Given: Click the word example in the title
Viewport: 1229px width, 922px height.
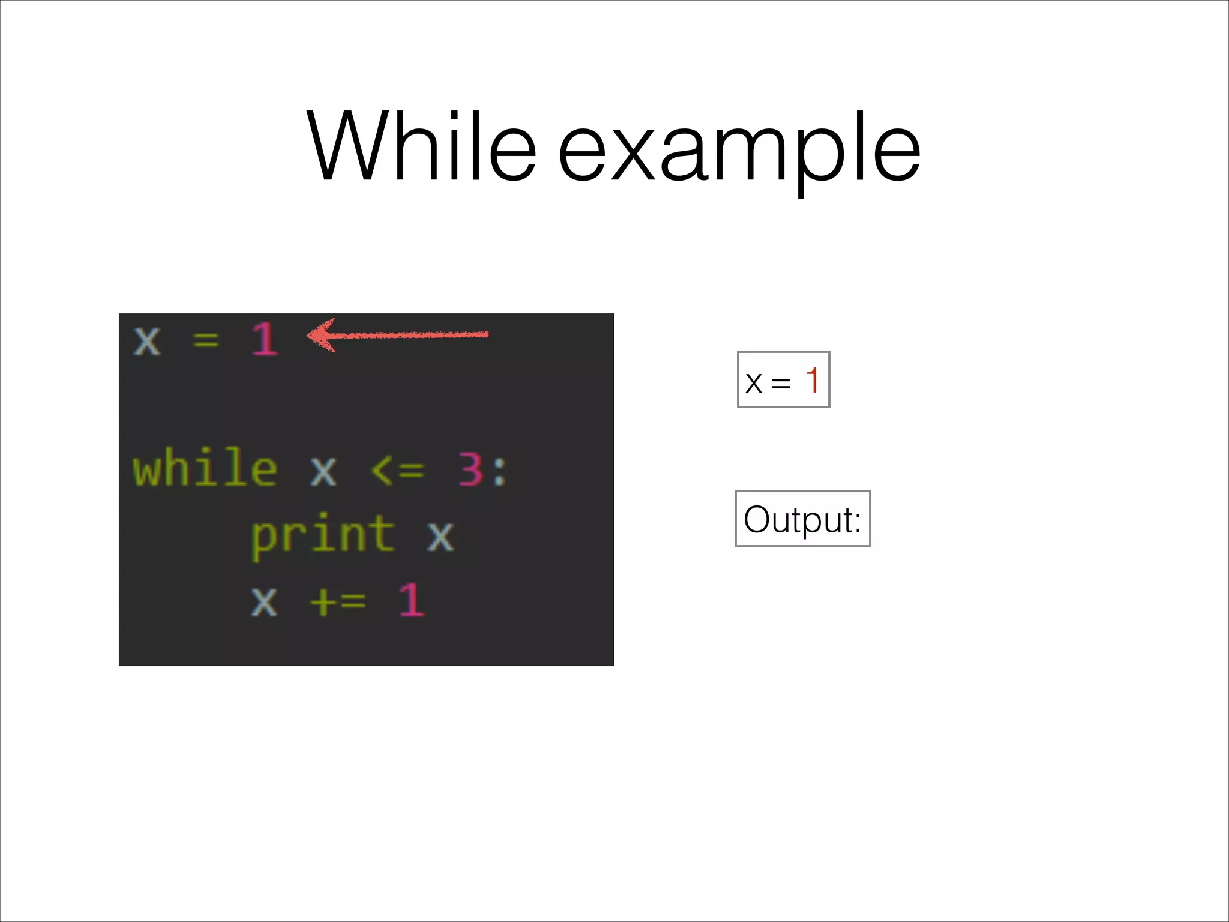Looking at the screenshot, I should (x=739, y=150).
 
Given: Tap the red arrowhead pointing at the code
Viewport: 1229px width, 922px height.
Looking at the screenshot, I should (x=322, y=335).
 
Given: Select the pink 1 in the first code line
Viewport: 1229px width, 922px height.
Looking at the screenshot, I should (x=265, y=340).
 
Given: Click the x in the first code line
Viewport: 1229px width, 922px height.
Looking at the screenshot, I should (x=147, y=341).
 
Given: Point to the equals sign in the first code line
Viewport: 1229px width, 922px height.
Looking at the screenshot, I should (x=206, y=341).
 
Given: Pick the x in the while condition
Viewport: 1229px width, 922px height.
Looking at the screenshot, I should (x=323, y=471).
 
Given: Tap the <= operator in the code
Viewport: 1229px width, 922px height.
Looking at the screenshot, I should (x=397, y=469).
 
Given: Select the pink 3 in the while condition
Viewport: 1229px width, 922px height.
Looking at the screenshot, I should (x=470, y=469).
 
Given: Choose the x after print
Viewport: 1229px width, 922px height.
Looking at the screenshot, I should (x=441, y=535).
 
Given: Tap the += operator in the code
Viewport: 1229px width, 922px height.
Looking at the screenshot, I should (x=338, y=600).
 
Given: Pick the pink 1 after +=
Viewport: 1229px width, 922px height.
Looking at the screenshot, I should (x=412, y=600).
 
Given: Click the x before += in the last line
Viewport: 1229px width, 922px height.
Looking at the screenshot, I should (x=264, y=600).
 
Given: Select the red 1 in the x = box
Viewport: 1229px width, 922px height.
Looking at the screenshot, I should (x=812, y=379).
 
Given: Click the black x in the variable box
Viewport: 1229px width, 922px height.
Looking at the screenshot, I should (x=754, y=383).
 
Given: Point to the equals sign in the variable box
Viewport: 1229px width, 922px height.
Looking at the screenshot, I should (x=780, y=383).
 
